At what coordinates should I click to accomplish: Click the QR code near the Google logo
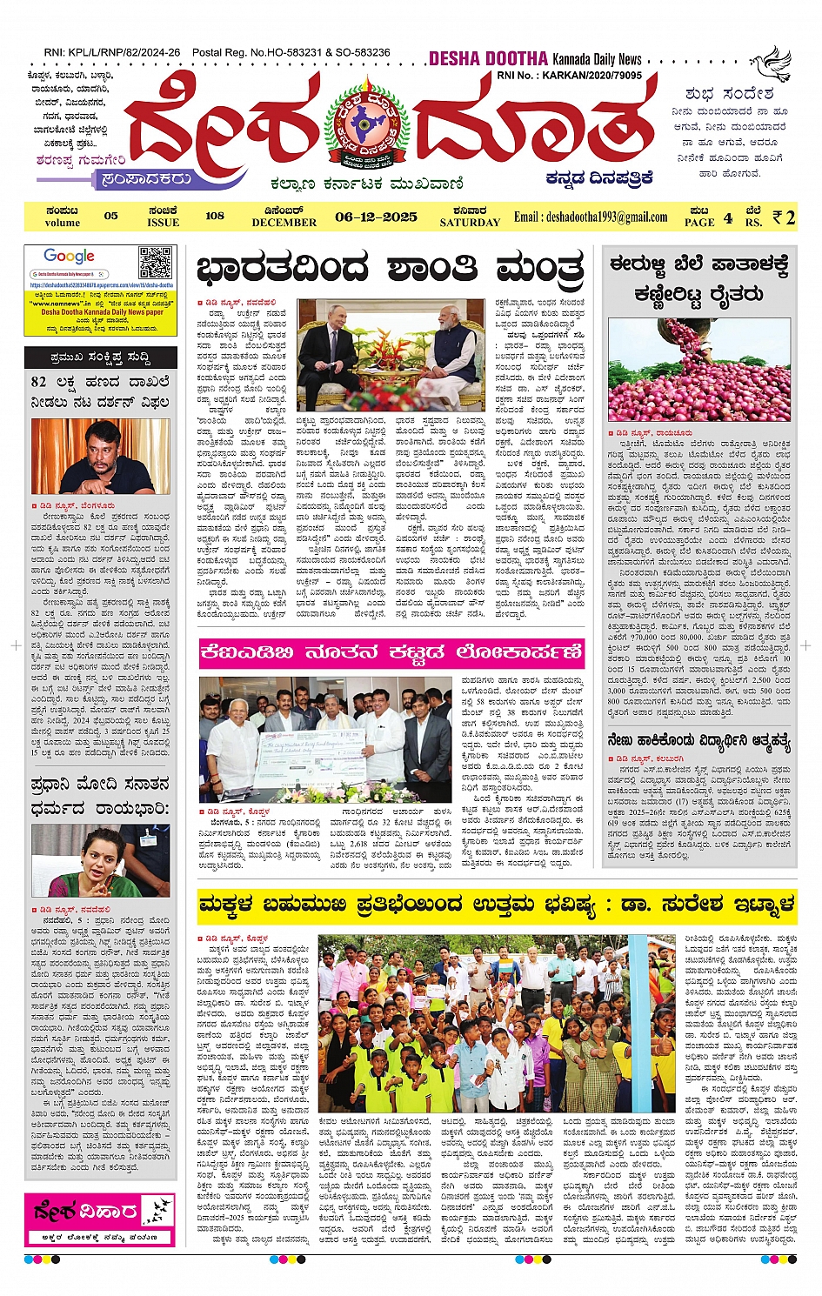coord(156,263)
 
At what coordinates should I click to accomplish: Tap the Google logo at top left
coord(69,257)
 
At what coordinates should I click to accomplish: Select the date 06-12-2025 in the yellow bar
coord(376,217)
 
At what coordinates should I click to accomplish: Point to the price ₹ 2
coord(784,217)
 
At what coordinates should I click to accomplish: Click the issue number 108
coord(215,216)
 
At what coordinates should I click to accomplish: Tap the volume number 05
coord(110,216)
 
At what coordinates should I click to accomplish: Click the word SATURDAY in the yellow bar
coord(470,223)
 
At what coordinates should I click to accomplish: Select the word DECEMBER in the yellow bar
coord(284,223)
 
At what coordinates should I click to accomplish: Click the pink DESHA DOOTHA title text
coord(488,59)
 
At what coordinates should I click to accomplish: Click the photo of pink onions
coord(699,371)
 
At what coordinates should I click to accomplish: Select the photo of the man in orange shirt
coord(100,458)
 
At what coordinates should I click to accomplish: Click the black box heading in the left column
coord(100,357)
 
